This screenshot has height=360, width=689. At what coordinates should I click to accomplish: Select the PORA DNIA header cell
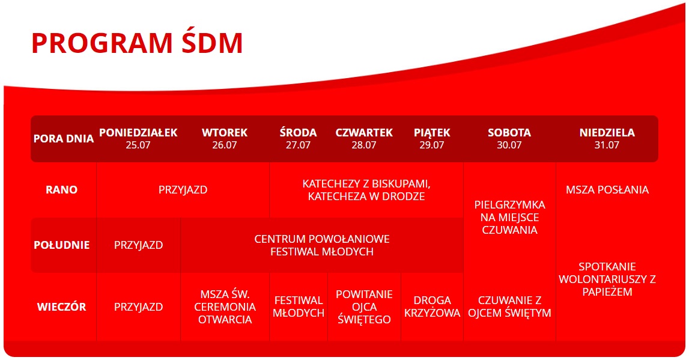tap(63, 138)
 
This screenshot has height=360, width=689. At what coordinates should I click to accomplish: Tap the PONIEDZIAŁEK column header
tap(138, 132)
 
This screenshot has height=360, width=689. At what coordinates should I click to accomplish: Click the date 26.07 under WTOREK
tap(225, 145)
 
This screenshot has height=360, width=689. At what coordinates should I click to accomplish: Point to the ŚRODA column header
tap(298, 132)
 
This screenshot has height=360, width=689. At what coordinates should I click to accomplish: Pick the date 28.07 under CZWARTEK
tap(364, 145)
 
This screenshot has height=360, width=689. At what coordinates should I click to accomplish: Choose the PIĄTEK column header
tap(432, 132)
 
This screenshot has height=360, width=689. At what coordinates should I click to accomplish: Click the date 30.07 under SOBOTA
tap(509, 145)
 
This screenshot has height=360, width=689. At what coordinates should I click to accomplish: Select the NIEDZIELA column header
tap(607, 132)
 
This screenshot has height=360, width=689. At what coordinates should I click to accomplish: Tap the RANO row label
tap(61, 189)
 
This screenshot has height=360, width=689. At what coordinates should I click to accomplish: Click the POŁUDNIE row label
tap(61, 245)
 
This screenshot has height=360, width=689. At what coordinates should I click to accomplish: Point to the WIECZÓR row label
tap(61, 307)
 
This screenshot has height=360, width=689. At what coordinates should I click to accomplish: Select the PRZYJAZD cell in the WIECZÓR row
tap(138, 307)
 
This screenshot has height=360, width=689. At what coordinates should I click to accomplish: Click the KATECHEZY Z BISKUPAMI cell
tap(366, 190)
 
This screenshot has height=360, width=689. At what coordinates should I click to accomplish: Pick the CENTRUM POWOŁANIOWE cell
tap(322, 245)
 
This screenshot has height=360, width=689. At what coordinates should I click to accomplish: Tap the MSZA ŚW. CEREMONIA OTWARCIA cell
tap(225, 307)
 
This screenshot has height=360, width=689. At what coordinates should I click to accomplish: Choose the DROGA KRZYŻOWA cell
tap(433, 307)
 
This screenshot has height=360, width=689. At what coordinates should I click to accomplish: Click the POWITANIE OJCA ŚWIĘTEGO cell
tap(364, 307)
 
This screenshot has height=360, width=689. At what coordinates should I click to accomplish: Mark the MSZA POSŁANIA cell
tap(607, 189)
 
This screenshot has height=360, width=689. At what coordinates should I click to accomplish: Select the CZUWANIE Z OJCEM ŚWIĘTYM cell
tap(510, 307)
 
